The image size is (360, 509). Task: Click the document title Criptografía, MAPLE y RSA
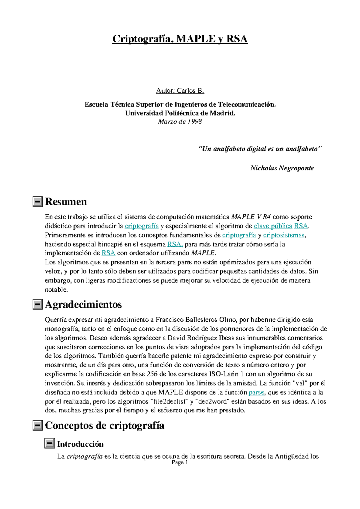(180, 39)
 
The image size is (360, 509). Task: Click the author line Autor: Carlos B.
(180, 91)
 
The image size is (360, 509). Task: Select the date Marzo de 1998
(180, 121)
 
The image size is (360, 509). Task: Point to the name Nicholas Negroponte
(282, 168)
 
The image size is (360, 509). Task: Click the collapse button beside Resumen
(37, 202)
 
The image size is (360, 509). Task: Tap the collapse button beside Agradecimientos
(37, 305)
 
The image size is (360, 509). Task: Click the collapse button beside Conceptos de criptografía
(37, 425)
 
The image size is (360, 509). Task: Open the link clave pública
(273, 226)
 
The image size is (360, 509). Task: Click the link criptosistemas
(283, 235)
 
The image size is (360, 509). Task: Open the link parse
(256, 392)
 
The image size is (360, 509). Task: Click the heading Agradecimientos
(83, 305)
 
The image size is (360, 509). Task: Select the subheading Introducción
(80, 444)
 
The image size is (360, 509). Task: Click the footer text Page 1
(179, 463)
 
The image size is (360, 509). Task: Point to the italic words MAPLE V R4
(251, 217)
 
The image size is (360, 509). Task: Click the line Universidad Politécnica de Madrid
(180, 113)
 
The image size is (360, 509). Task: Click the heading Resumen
(66, 202)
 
